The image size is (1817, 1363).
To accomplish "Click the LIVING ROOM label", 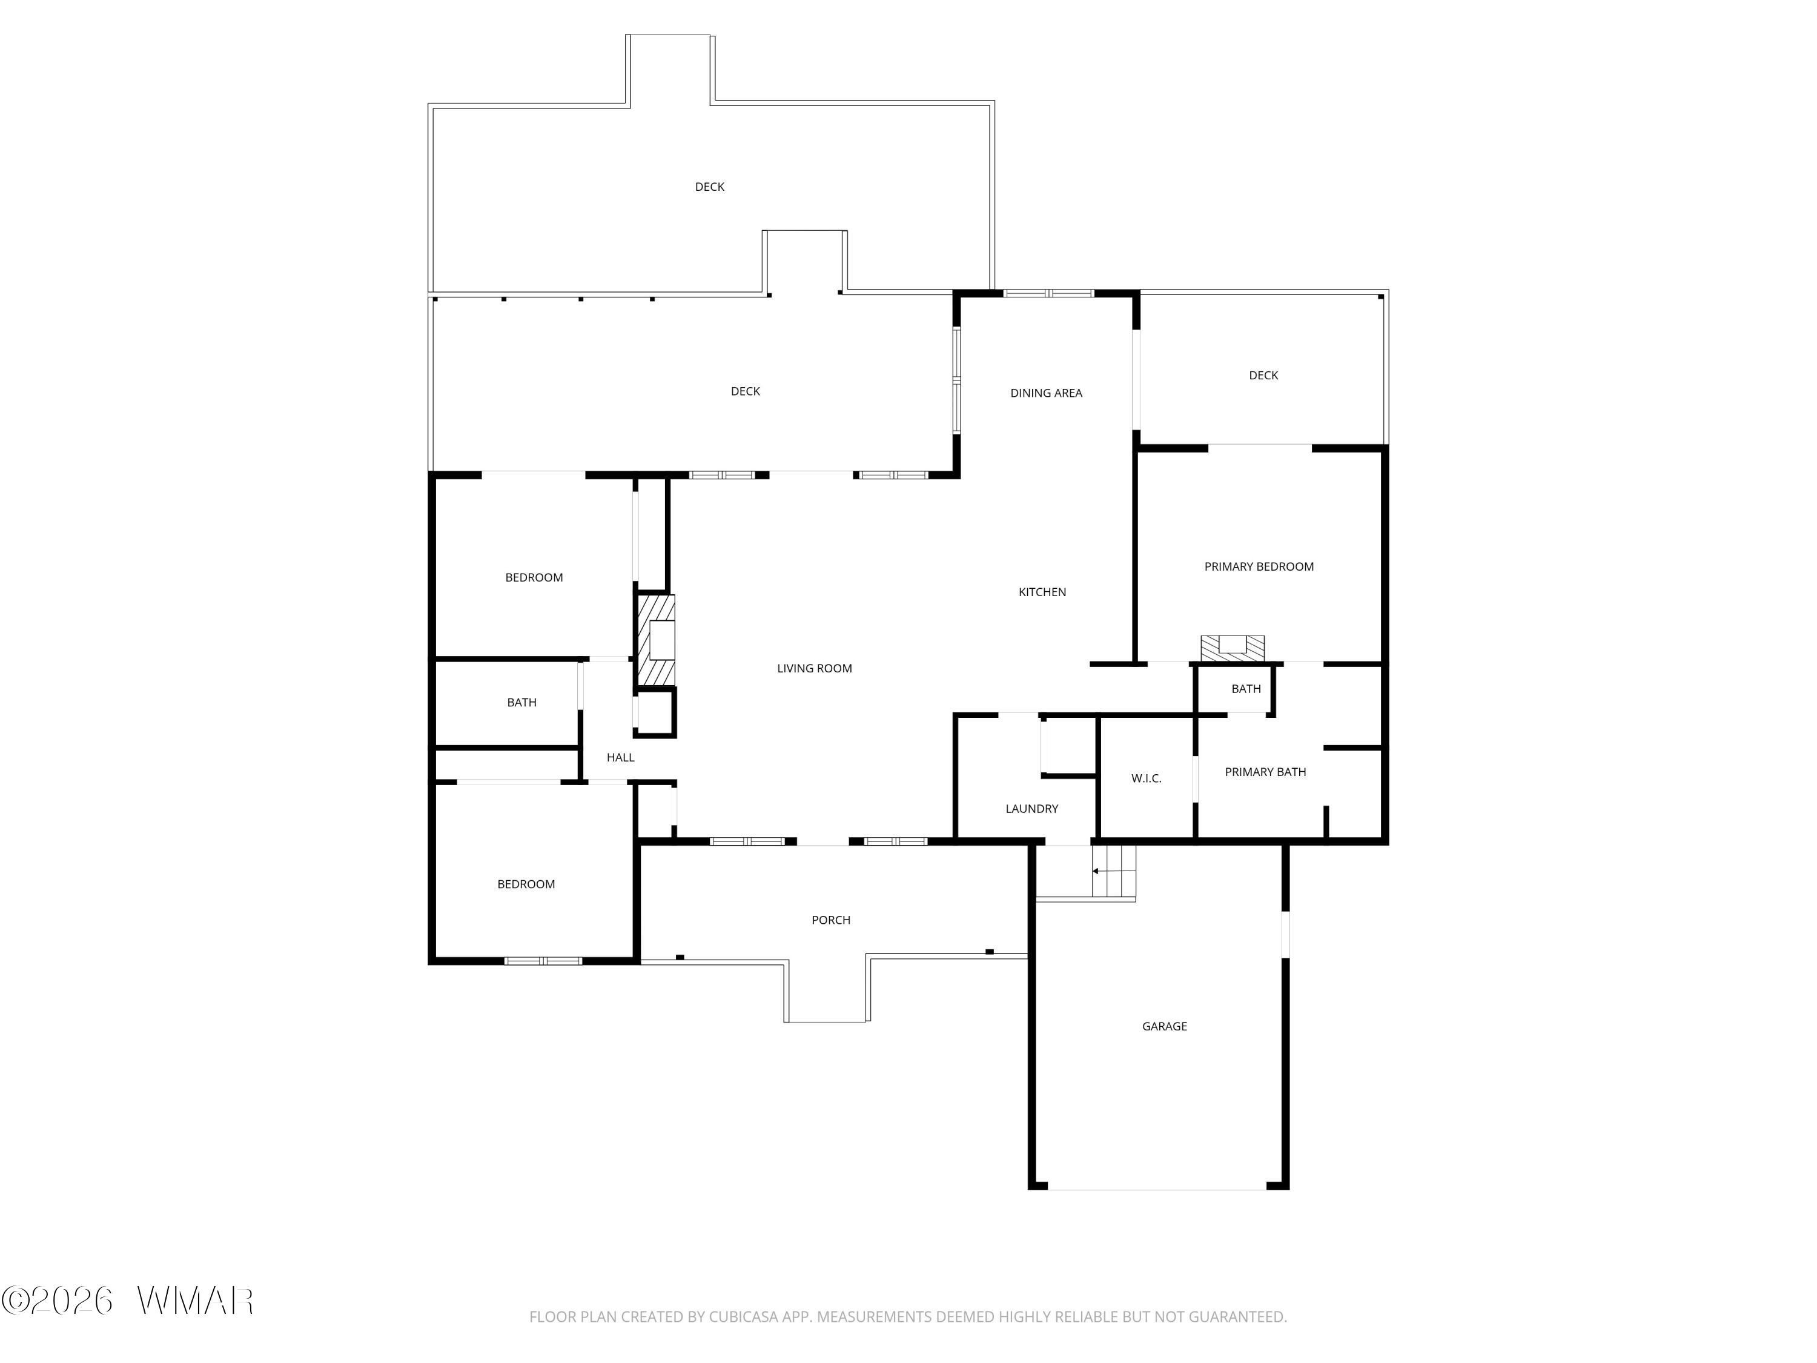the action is click(814, 669).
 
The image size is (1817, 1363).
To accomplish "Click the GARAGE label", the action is click(1164, 1026).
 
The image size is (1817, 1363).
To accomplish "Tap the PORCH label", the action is click(830, 920).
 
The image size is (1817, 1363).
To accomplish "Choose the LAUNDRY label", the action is click(1031, 809).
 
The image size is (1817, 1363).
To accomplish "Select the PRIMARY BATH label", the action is click(1265, 772).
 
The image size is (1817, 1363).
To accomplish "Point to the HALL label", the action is click(620, 757).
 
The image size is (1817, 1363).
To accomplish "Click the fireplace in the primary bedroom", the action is click(1232, 648).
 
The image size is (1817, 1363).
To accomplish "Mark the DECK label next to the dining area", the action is click(1263, 376).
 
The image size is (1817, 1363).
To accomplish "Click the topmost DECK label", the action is click(709, 187).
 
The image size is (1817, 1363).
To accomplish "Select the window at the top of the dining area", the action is click(1048, 293).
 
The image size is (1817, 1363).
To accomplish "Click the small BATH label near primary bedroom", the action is click(1245, 689).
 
